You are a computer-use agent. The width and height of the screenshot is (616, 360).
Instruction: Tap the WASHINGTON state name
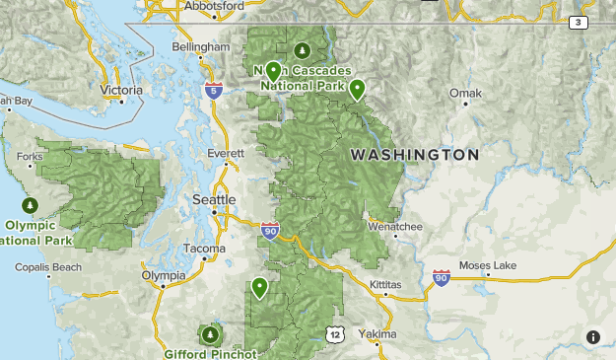414,155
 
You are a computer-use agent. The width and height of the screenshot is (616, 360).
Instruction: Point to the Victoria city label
120,90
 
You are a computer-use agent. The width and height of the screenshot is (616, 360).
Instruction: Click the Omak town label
464,94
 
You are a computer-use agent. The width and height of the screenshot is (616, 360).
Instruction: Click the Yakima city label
376,334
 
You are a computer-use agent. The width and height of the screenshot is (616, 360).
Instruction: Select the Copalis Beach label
48,267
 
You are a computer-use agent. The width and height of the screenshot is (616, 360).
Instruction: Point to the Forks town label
30,156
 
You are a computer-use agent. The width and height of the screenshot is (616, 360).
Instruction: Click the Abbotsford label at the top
213,5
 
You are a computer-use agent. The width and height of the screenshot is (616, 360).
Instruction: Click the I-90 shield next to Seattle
270,231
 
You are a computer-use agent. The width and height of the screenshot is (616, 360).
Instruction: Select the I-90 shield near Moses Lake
441,279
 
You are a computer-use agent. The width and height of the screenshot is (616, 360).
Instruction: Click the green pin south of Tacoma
259,287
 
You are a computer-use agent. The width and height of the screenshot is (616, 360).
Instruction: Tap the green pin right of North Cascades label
357,89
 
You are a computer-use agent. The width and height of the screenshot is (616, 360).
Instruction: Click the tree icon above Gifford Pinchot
210,335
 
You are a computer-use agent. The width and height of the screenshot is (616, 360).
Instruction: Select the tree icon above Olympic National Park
30,205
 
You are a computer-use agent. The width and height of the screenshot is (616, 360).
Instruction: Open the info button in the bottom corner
592,336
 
